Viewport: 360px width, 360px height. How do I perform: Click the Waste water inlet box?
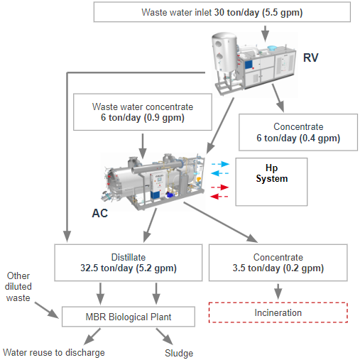click(x=222, y=12)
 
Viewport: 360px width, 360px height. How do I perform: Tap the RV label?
click(x=311, y=58)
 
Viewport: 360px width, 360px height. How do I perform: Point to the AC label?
click(x=99, y=213)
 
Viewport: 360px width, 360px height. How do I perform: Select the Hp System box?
click(x=271, y=182)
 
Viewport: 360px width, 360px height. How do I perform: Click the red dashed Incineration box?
click(x=278, y=312)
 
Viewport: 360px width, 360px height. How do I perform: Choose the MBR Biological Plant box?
click(x=129, y=317)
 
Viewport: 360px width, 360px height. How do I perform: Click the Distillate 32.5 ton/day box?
click(x=129, y=263)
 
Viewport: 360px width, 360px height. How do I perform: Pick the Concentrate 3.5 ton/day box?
click(x=278, y=263)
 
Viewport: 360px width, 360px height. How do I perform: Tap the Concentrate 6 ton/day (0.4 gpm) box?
click(x=298, y=132)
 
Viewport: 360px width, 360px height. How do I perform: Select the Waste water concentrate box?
click(x=143, y=112)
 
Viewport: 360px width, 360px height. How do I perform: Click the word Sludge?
click(x=179, y=353)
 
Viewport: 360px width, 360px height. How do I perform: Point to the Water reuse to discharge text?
click(x=54, y=352)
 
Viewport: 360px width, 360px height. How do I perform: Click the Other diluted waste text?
click(x=18, y=287)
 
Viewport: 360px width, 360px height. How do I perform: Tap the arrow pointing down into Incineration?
click(x=278, y=291)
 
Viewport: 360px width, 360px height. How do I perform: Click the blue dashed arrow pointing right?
click(x=220, y=164)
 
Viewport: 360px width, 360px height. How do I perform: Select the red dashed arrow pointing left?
click(x=219, y=196)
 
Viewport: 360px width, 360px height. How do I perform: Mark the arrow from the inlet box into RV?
click(x=266, y=34)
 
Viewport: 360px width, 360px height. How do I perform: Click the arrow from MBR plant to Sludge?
click(x=164, y=337)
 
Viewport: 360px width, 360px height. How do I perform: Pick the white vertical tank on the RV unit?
click(x=224, y=53)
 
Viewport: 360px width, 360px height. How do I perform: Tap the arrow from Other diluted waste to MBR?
click(x=47, y=310)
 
